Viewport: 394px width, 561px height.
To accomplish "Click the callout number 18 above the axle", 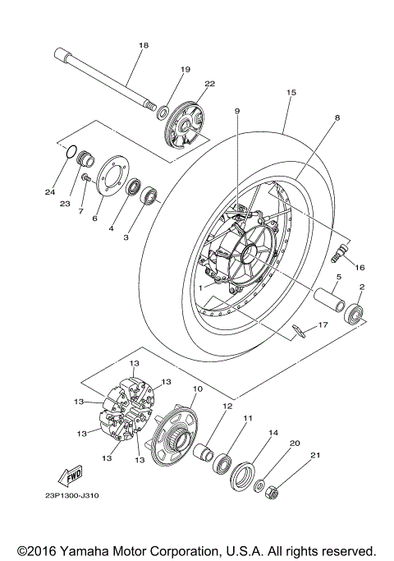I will (x=144, y=45).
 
